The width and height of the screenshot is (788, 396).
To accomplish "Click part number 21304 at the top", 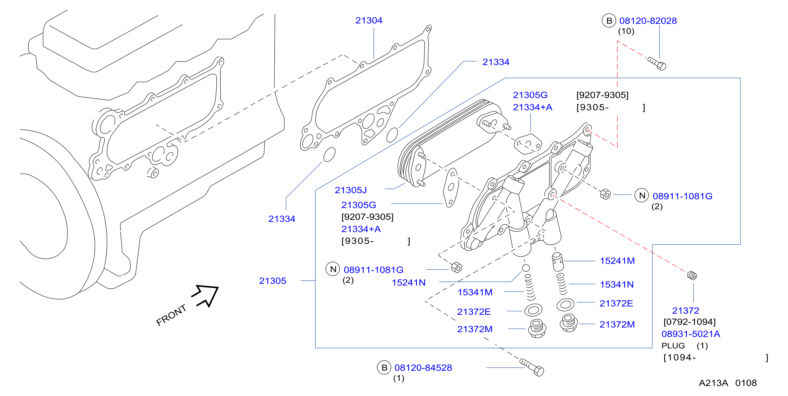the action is [369, 21].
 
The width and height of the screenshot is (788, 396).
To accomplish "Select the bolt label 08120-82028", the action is [648, 21].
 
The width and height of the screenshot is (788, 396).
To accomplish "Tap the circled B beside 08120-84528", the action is [384, 367].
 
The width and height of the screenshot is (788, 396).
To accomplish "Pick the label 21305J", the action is [351, 190].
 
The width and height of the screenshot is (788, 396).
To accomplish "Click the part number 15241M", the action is [617, 261].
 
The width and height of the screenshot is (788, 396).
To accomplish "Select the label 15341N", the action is [617, 284].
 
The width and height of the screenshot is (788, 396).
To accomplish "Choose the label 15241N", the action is [409, 283].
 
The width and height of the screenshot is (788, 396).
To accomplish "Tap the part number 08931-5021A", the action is [691, 334].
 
